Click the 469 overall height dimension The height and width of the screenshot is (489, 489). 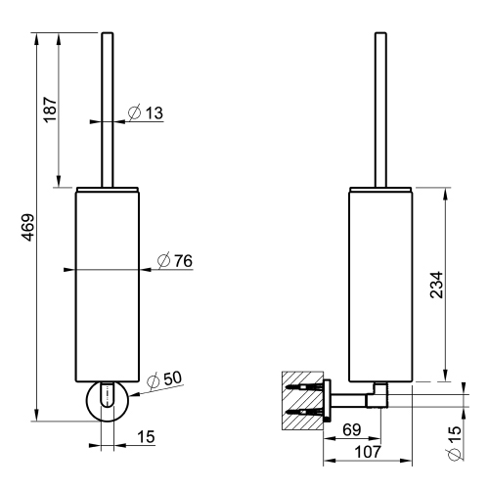click(x=29, y=227)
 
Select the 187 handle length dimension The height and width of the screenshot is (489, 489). click(x=51, y=110)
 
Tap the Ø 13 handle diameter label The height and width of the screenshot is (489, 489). click(x=146, y=112)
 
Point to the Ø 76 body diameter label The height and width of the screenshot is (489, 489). click(x=175, y=260)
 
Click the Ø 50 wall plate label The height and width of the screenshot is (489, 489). click(x=164, y=379)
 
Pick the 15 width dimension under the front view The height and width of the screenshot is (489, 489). click(x=146, y=437)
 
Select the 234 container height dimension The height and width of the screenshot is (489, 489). click(x=437, y=285)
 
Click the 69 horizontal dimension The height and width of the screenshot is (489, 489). click(x=352, y=430)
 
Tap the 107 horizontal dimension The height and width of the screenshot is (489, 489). click(x=368, y=452)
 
